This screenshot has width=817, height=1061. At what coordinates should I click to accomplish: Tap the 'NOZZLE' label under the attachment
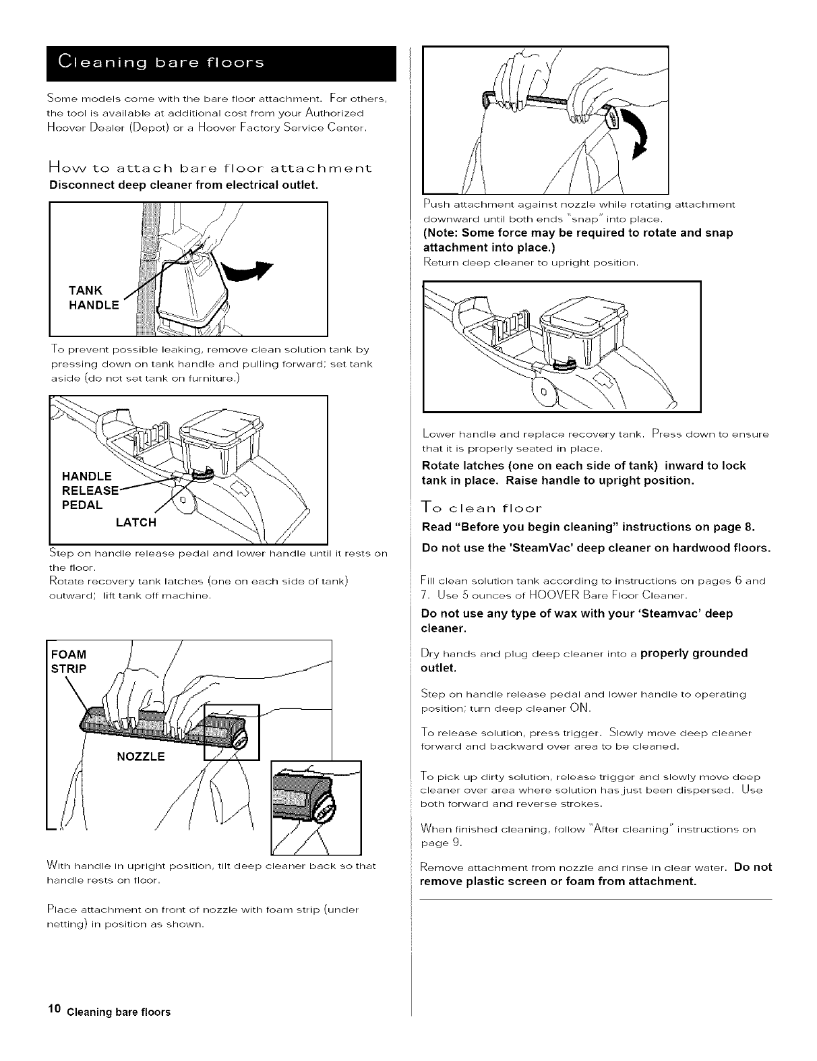pos(141,756)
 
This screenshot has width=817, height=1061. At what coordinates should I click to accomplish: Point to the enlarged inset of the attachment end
pos(315,807)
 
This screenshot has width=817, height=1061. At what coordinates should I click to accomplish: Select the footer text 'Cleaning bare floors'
pos(118,1012)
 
